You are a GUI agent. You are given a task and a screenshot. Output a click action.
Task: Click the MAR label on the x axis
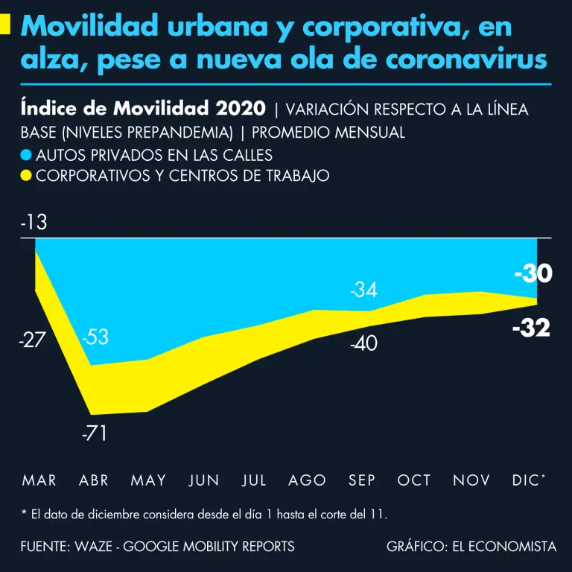(39, 480)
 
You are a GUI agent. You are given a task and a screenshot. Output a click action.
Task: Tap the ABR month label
(94, 480)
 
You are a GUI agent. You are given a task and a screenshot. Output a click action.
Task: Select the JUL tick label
(254, 480)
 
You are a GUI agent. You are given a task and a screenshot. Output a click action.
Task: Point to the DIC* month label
(528, 480)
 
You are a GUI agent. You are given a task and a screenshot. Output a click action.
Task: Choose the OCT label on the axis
(414, 480)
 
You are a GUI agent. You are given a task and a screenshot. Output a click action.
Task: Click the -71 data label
(95, 433)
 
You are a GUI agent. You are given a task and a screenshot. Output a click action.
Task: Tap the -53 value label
(95, 337)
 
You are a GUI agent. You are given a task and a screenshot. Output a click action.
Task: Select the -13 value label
(34, 223)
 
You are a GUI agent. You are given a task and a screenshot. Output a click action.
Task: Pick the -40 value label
(364, 343)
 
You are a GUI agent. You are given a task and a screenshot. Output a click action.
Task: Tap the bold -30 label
(533, 274)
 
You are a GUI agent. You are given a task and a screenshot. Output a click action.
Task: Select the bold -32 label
(531, 328)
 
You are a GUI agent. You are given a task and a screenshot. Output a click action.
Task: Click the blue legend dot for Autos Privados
(27, 156)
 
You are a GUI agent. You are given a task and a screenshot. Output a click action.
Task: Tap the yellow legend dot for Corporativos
(27, 177)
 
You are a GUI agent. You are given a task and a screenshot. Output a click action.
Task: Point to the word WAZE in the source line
(93, 546)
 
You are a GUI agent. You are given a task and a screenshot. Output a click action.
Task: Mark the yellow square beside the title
(4, 24)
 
